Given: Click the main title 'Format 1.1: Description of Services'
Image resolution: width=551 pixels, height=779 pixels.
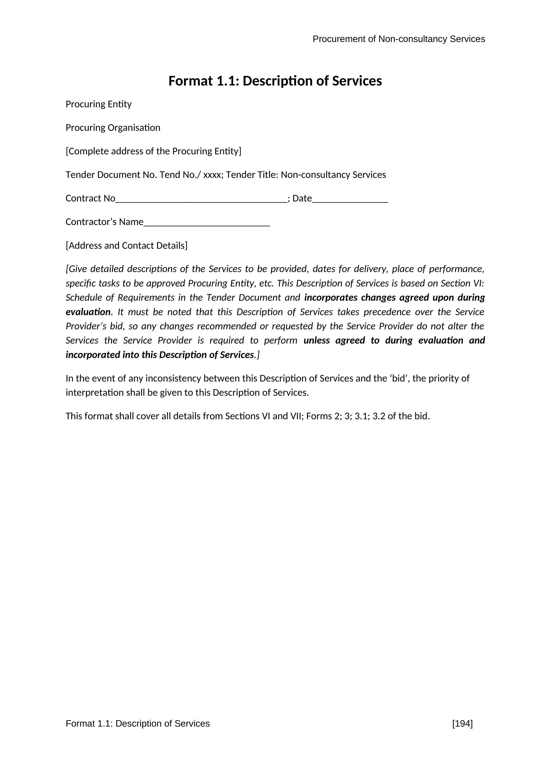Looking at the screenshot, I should [275, 81].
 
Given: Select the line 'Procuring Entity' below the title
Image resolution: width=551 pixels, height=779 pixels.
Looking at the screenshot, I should [98, 104].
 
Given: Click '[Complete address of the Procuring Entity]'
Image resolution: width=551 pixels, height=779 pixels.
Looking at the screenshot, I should [153, 151].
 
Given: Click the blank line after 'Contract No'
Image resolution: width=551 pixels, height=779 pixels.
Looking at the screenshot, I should [201, 199].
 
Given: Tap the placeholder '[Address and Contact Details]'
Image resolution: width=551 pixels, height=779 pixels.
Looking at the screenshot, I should [126, 246].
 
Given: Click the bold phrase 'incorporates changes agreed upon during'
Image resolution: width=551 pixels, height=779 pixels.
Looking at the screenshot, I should [394, 298].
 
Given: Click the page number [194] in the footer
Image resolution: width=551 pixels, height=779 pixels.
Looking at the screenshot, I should [462, 724].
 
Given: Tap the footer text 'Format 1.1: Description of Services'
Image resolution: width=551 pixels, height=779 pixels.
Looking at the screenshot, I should [137, 724].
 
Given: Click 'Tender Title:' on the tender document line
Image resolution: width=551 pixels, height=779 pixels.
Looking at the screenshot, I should [252, 175].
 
